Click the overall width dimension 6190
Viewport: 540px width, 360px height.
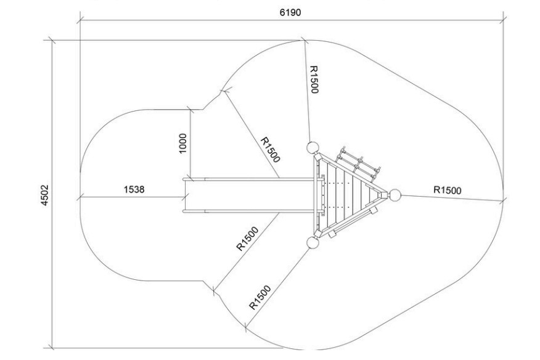coord(290,12)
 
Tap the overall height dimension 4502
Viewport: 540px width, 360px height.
coord(45,195)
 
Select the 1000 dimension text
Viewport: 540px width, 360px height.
coord(183,143)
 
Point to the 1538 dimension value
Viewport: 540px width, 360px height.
coord(134,189)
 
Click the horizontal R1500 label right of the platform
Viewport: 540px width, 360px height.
coord(447,190)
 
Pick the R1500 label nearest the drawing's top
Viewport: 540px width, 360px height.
coord(314,80)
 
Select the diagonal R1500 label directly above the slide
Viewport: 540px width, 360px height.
coord(270,150)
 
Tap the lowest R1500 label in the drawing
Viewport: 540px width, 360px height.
coord(260,297)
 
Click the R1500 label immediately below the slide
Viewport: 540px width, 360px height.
coord(247,239)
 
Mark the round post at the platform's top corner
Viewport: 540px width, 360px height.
coord(313,148)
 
